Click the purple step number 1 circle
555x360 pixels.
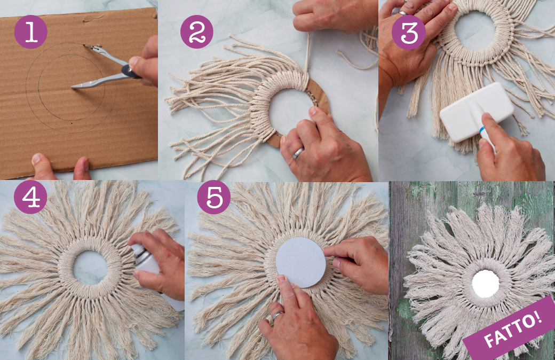click(31, 32)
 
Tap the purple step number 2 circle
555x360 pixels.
click(197, 32)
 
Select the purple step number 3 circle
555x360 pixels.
click(408, 33)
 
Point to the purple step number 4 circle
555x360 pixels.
click(30, 197)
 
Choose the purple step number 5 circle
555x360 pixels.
click(214, 197)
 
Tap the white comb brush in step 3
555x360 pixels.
click(477, 113)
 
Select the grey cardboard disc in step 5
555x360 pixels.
click(300, 262)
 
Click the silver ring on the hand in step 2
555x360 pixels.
click(298, 153)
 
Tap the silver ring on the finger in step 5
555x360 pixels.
click(278, 315)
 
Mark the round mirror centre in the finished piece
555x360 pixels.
click(486, 284)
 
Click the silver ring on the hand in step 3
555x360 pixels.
click(403, 13)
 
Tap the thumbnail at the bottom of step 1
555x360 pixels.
click(36, 158)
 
